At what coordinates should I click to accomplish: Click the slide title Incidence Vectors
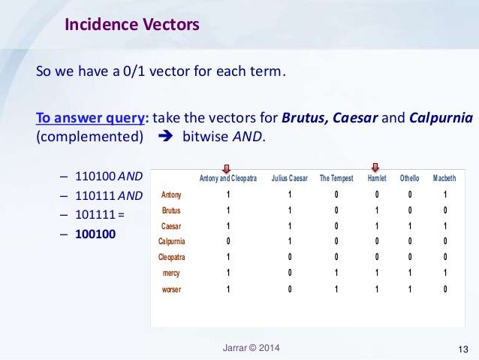132,25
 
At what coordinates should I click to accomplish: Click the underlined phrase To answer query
92,118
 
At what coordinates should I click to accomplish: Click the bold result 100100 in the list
95,234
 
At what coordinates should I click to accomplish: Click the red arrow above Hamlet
375,168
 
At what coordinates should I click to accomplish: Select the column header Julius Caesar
289,179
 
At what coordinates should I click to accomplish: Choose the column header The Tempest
336,179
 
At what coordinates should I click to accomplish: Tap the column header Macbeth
444,179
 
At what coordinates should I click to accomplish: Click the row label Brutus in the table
171,210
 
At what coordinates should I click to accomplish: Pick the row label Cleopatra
172,257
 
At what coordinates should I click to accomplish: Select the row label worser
171,289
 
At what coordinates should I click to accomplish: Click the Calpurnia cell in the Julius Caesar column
289,241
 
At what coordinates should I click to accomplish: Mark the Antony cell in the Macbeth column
445,195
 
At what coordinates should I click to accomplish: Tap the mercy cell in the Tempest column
336,273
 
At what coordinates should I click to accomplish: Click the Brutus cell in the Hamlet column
375,210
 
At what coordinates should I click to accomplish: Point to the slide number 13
462,349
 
